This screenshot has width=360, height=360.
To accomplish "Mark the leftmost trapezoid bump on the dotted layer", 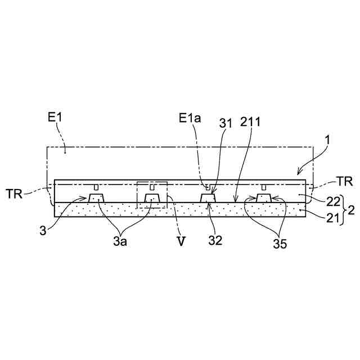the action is click(96, 197).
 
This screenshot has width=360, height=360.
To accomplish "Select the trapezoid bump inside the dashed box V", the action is click(152, 197).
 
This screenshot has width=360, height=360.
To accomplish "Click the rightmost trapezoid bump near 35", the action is click(263, 197).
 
